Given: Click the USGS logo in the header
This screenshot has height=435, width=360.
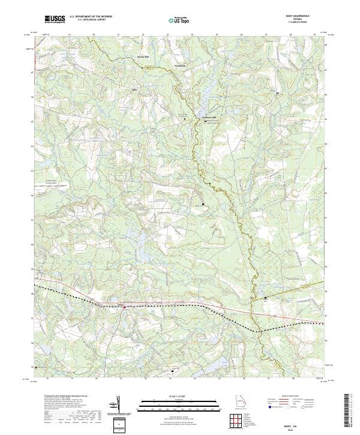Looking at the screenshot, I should click(x=55, y=20).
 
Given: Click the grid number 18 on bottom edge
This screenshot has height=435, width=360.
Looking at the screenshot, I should click(x=46, y=379).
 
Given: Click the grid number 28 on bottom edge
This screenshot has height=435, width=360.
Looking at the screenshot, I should click(x=292, y=379).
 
